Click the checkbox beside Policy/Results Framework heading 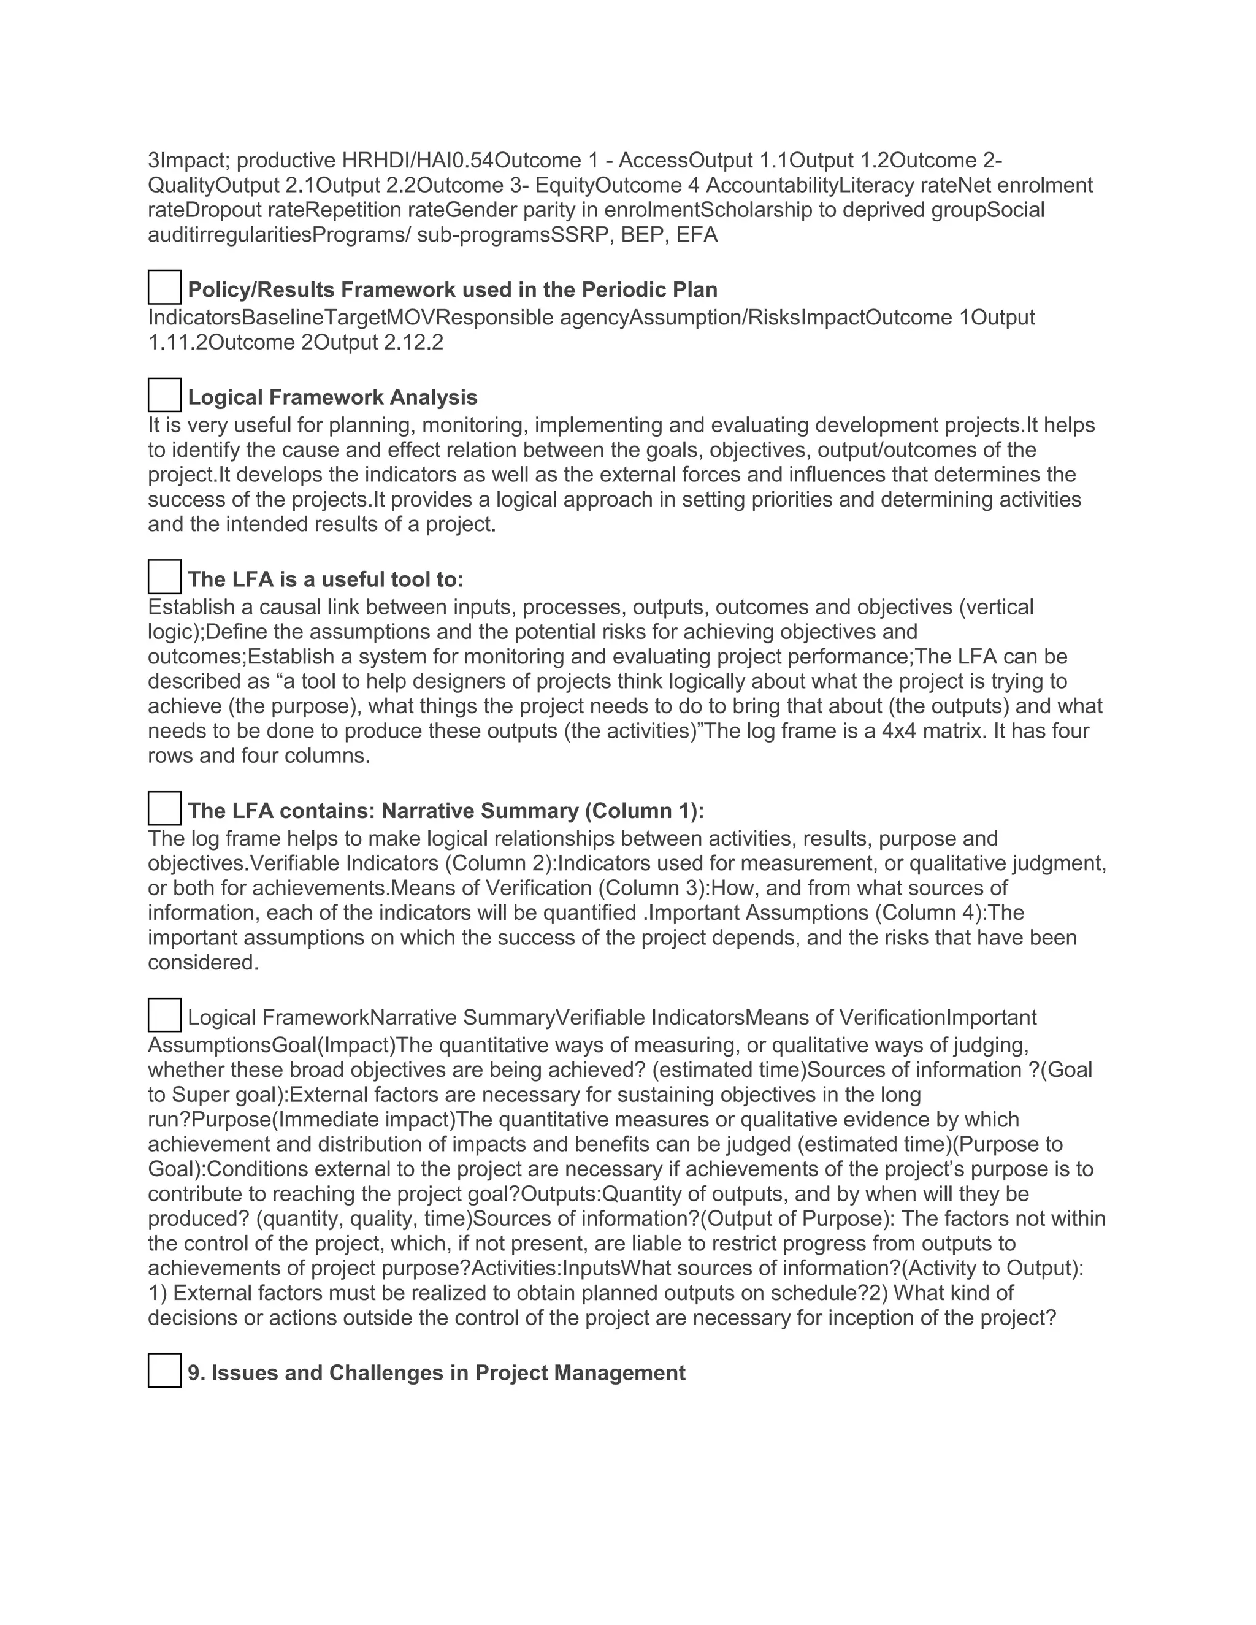164,287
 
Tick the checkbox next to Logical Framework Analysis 164,395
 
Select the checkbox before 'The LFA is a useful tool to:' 164,576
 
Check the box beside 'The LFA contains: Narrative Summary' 164,808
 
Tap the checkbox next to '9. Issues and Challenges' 164,1371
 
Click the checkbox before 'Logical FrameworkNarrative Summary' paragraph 164,1015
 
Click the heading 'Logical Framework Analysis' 332,397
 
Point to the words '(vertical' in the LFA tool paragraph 995,607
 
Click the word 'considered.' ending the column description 203,963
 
